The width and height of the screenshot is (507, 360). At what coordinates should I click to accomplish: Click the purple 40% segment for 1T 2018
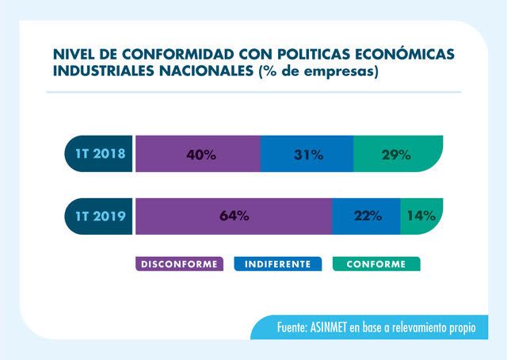tap(198, 155)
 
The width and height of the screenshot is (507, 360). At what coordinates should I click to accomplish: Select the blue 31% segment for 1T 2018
tap(307, 155)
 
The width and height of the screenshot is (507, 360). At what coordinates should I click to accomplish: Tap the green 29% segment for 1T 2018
tap(395, 155)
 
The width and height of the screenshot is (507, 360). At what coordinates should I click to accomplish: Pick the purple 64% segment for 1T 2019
tap(233, 216)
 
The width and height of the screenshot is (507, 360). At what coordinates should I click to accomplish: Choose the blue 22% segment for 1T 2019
tap(367, 216)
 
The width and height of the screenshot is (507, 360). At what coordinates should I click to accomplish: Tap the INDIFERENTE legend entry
tap(277, 264)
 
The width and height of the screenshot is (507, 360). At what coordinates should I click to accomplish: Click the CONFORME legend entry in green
tap(376, 264)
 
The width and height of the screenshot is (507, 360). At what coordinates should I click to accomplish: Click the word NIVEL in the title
tap(74, 54)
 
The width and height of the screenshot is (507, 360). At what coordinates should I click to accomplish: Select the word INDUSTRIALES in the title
tap(104, 73)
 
